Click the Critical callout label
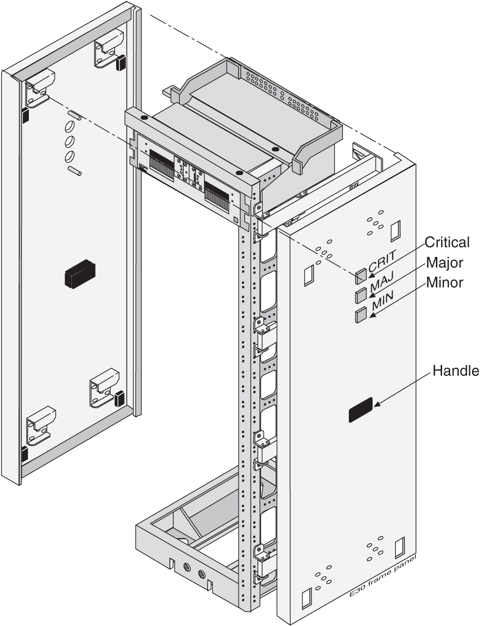point(447,242)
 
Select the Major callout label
point(444,262)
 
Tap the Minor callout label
point(444,282)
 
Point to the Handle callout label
point(455,371)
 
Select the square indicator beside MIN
point(361,315)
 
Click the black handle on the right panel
point(361,411)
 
